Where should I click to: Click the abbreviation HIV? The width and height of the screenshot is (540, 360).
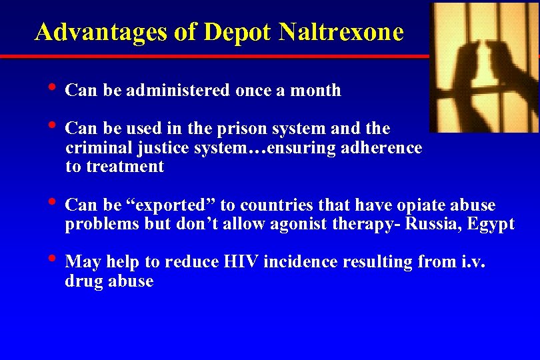pos(240,262)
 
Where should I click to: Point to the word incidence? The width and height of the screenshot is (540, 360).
pos(300,262)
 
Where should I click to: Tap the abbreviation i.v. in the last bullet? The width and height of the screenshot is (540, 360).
pos(473,262)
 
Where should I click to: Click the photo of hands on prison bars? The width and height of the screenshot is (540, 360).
pos(483,67)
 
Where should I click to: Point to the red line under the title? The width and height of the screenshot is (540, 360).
pos(213,57)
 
